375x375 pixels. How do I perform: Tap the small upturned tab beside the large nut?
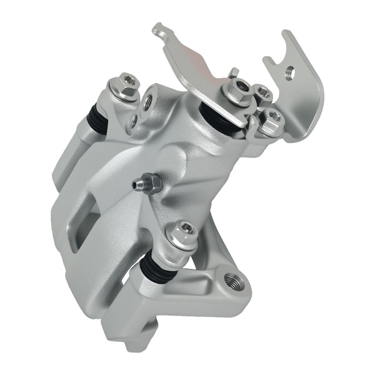tap(233, 74)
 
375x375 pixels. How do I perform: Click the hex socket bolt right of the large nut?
tap(261, 93)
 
